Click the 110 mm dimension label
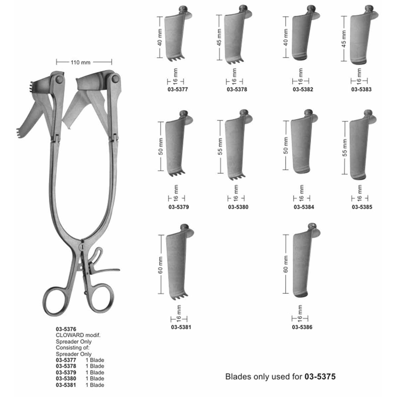(x=80, y=62)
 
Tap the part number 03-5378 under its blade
(x=237, y=89)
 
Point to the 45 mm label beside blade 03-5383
(x=344, y=39)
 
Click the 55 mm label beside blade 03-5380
(x=220, y=147)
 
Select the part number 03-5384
(x=304, y=207)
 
